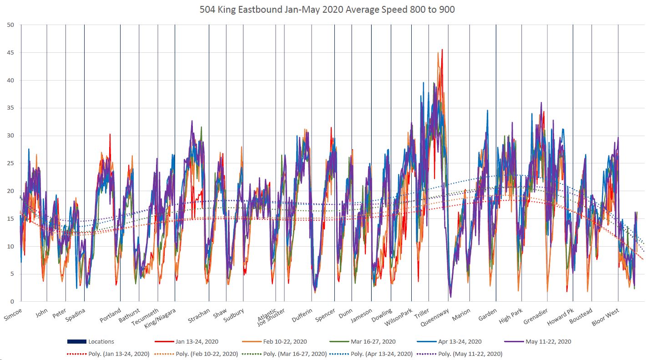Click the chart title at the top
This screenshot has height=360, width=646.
pyautogui.click(x=327, y=10)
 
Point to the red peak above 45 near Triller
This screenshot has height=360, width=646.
pyautogui.click(x=442, y=50)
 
